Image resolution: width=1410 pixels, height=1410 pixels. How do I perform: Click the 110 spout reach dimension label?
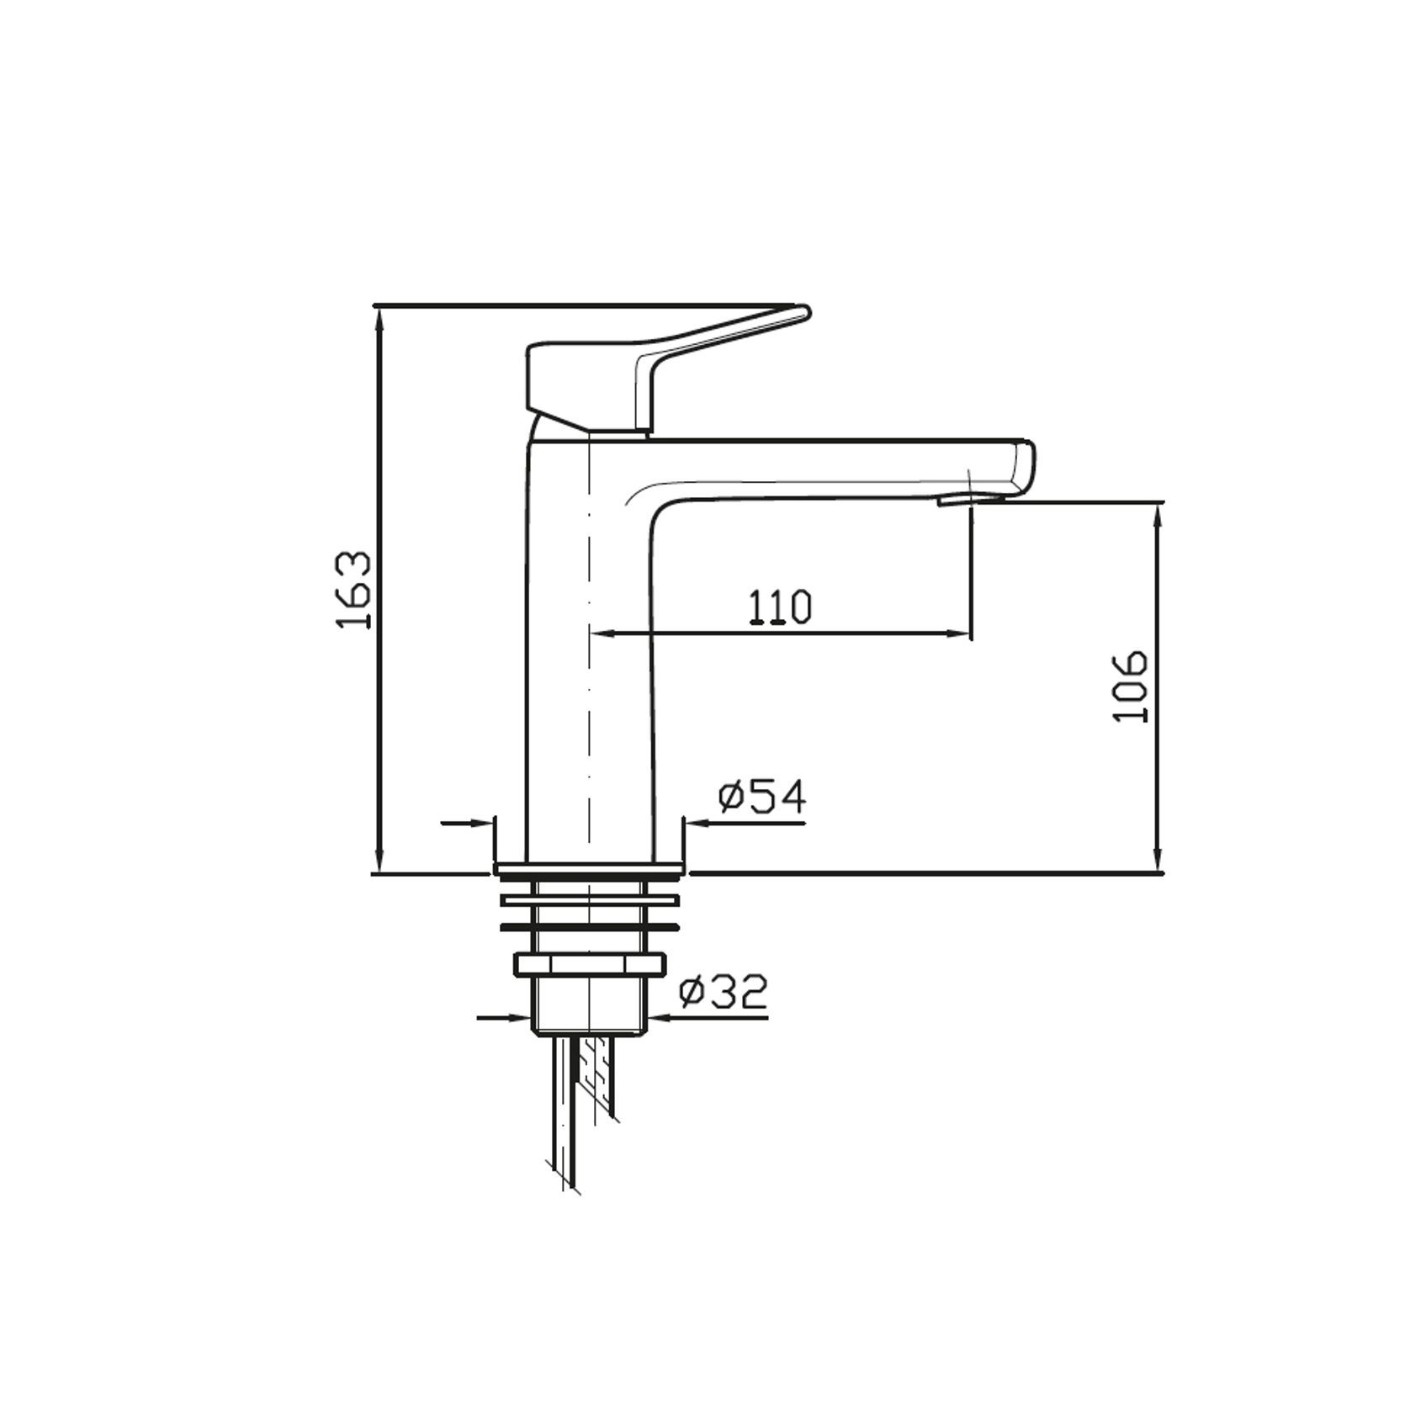pyautogui.click(x=780, y=607)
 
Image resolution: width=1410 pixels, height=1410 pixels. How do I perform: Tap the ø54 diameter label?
pyautogui.click(x=762, y=796)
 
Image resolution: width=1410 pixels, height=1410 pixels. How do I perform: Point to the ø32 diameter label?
pyautogui.click(x=724, y=994)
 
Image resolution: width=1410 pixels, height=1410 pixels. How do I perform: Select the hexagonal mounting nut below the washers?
pyautogui.click(x=589, y=965)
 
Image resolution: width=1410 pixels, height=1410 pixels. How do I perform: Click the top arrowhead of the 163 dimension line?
pyautogui.click(x=379, y=315)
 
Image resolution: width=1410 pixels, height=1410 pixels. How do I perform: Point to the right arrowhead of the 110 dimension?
pyautogui.click(x=963, y=633)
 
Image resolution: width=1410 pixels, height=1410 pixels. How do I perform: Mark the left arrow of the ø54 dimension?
pyautogui.click(x=480, y=824)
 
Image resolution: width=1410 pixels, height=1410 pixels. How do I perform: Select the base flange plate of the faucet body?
pyautogui.click(x=589, y=867)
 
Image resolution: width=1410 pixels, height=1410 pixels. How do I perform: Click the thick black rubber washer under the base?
pyautogui.click(x=589, y=927)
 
